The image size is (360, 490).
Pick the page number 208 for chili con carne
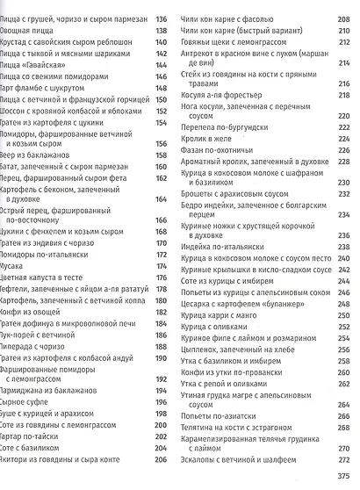[345, 18]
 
